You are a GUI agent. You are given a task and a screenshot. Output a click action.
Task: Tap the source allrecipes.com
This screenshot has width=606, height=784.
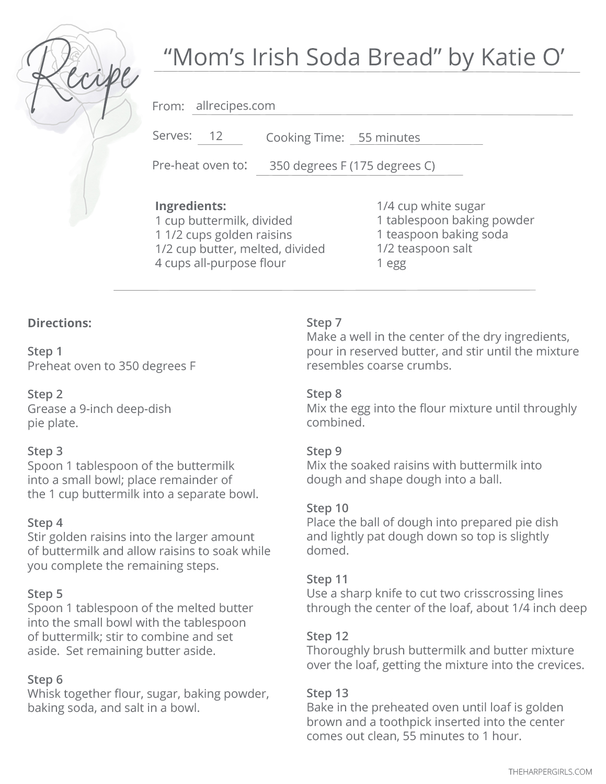(235, 106)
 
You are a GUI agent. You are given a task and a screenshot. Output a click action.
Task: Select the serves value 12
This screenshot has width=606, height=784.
(216, 136)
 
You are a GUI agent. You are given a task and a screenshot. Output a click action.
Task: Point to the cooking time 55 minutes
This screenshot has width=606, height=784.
(389, 137)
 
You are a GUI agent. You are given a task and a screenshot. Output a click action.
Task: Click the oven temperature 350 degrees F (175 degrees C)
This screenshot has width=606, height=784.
(352, 166)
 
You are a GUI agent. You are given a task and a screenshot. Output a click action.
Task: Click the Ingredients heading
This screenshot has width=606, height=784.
(190, 206)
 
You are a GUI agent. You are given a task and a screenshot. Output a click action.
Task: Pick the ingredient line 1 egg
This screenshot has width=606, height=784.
(391, 263)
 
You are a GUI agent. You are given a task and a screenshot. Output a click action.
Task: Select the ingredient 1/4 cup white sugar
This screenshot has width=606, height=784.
(431, 206)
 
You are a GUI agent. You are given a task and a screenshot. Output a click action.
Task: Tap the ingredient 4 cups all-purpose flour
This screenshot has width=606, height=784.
(220, 263)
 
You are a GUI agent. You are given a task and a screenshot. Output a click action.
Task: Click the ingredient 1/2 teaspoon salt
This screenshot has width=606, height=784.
(424, 248)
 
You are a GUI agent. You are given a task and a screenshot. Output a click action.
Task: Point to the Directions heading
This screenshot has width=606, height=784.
(59, 323)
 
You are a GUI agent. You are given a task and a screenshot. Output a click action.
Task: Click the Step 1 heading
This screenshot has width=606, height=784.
(45, 351)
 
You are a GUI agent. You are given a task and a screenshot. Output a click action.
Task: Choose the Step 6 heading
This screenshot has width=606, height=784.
(45, 679)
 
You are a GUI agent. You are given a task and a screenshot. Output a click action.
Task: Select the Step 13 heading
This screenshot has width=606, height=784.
(327, 693)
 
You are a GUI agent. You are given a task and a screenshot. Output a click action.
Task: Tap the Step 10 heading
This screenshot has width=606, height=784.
(327, 508)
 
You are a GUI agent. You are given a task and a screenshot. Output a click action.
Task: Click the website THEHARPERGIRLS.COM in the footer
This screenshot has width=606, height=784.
(550, 771)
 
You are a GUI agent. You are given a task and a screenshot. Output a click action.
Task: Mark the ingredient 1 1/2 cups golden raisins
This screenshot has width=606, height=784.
(223, 235)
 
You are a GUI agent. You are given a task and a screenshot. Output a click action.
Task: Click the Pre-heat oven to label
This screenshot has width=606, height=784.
(199, 166)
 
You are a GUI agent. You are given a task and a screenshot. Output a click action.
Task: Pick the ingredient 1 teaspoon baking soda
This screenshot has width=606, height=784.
(442, 234)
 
